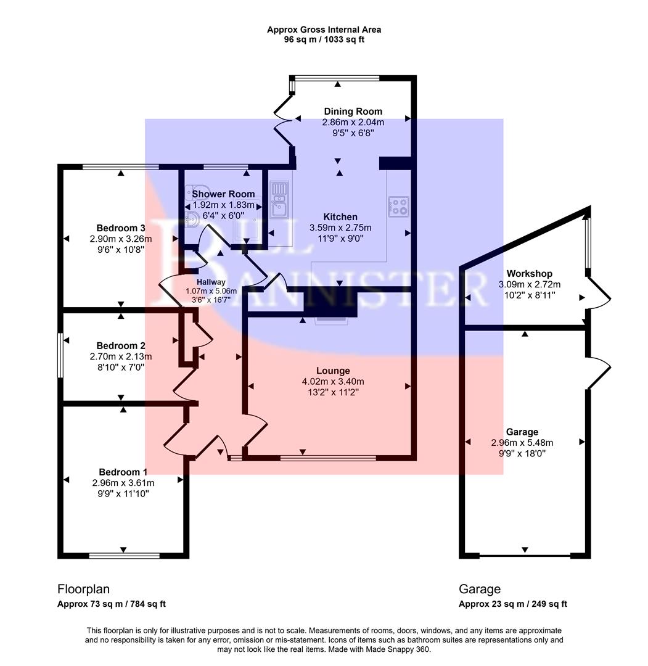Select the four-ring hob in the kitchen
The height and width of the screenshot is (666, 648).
coord(399,206)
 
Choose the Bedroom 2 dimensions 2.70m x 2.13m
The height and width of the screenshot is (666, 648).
coord(121,356)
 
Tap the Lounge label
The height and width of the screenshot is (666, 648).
coord(333,371)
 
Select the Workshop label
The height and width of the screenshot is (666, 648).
coord(529,273)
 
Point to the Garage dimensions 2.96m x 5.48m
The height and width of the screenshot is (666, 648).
coord(522,443)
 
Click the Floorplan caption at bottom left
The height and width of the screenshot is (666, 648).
coord(83,589)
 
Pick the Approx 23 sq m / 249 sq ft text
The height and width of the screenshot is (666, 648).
coord(512,604)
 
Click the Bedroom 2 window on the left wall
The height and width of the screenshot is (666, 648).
coord(60,355)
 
